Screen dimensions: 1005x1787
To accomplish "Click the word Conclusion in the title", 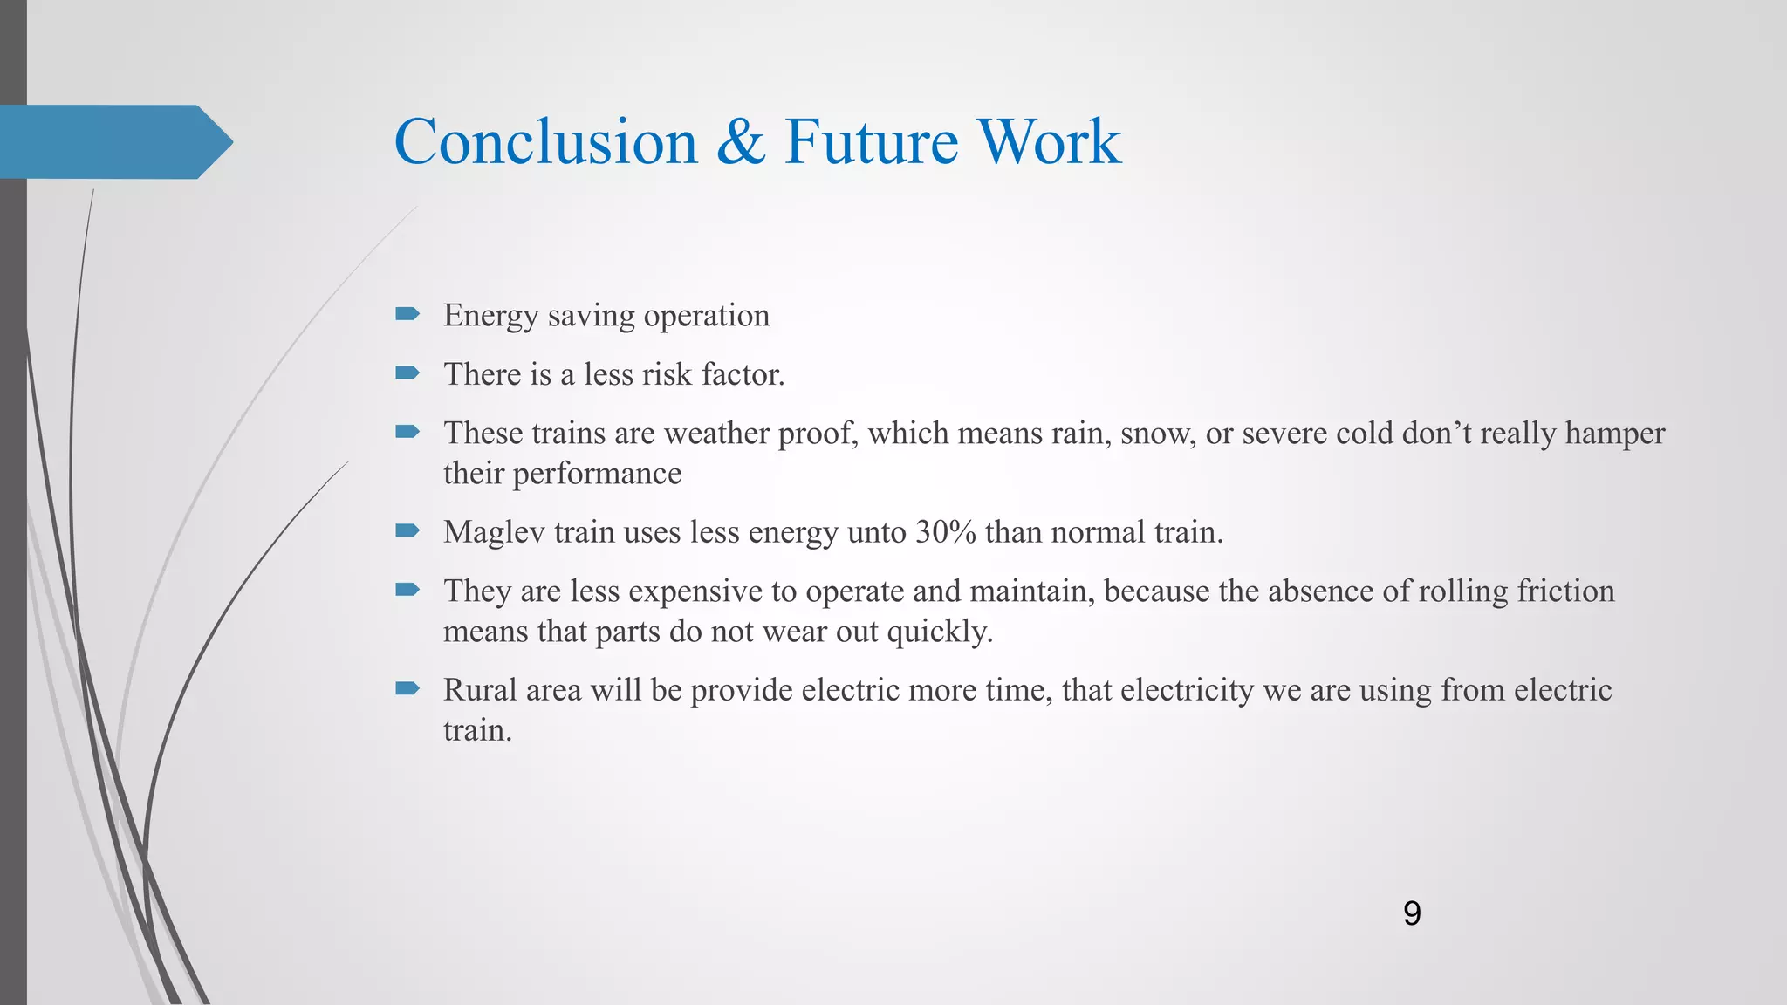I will (545, 141).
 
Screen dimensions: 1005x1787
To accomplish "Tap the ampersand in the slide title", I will (741, 141).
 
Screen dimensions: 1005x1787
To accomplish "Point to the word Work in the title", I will (1049, 141).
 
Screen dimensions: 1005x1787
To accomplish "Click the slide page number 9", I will (1412, 913).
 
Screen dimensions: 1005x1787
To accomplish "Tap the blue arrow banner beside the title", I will (113, 141).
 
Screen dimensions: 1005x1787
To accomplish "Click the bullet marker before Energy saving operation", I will (407, 314).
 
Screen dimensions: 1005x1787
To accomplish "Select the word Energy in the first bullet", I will (490, 316).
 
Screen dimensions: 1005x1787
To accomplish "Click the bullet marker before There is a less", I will (407, 373).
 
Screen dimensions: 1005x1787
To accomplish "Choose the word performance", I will (597, 474).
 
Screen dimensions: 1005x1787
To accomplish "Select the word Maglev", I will (494, 532).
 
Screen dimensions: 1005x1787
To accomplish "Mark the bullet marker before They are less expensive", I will (407, 590).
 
